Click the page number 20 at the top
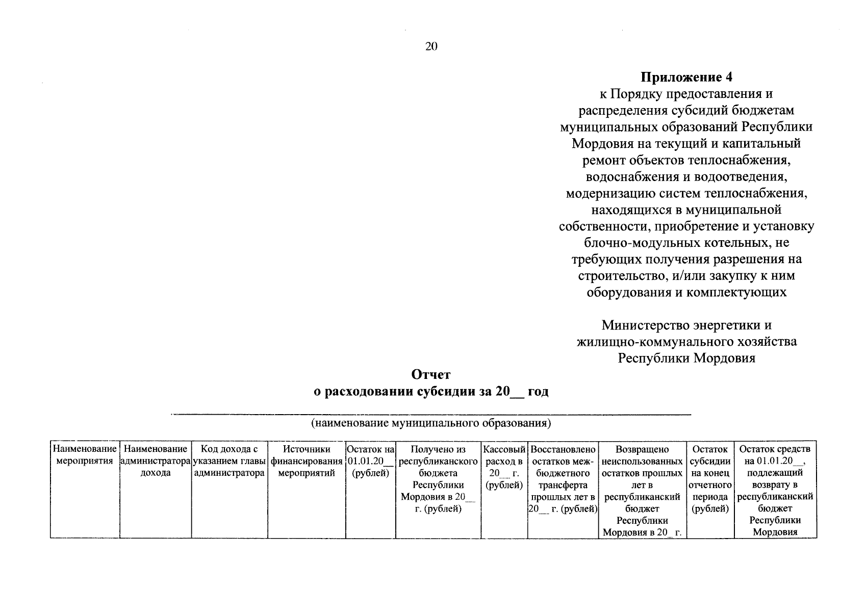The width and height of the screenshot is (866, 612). coord(431,47)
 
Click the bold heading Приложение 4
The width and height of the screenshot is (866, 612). coord(686,77)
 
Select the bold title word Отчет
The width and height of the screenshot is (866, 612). coord(431,375)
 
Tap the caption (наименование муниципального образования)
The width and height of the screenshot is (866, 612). coord(431,423)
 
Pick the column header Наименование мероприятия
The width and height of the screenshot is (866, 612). coord(85,455)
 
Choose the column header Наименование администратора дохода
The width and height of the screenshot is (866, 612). coord(156,461)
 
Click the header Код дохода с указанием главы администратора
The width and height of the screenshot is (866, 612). coord(230,461)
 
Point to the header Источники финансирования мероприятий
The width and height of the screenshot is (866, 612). coord(307,461)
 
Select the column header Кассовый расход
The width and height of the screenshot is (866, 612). coord(504,467)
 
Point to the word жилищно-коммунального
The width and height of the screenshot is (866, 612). coord(648,341)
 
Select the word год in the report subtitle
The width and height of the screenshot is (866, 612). coord(538,392)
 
